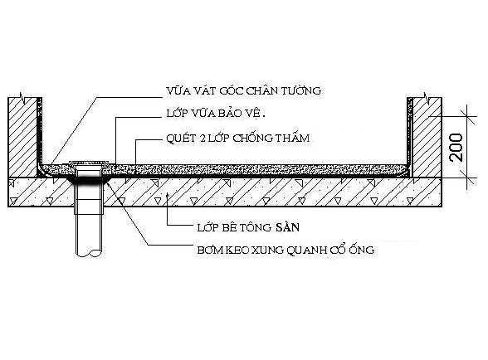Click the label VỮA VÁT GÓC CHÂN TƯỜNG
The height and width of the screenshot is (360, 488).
pos(244,90)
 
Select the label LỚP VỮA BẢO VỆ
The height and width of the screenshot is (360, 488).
pos(216,113)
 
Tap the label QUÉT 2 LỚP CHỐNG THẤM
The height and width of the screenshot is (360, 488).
pos(238,138)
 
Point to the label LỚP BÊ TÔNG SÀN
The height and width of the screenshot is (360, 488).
pos(248,227)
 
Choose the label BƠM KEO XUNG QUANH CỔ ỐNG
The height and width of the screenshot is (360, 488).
pos(285,250)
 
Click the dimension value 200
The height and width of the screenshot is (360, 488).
pos(456,147)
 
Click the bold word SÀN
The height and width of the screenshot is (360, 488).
pos(287,227)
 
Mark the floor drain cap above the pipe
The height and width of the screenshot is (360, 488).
pos(89,163)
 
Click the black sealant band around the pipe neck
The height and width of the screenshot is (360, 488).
pos(89,179)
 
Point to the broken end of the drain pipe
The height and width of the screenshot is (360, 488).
pos(90,254)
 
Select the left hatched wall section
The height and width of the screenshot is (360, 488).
pos(22,137)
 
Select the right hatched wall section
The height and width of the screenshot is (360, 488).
pos(427,137)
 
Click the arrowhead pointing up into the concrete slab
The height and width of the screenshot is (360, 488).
pos(168,195)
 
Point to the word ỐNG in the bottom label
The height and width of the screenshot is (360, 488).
pos(362,250)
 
